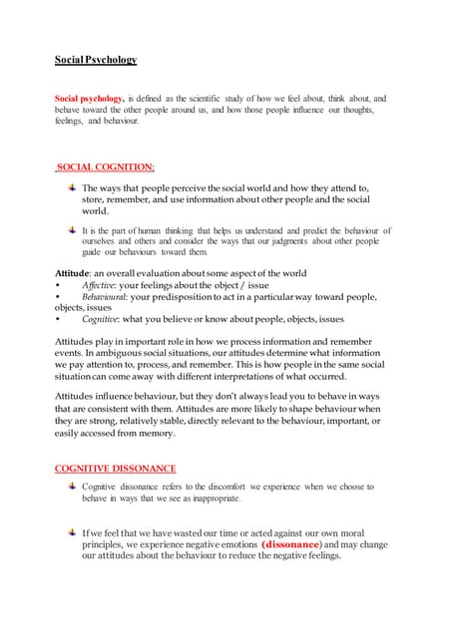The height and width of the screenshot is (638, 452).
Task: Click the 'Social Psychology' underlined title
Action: point(96,60)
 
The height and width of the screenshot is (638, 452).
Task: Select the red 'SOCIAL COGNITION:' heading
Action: point(105,166)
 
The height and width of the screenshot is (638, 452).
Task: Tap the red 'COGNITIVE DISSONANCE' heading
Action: point(115,468)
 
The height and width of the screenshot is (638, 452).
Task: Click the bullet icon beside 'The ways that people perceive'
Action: point(70,186)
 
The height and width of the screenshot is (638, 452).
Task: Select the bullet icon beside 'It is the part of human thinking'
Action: point(70,229)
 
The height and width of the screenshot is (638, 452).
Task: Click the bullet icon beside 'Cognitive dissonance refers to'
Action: point(70,485)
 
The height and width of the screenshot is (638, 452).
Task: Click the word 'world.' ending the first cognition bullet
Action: point(96,211)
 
